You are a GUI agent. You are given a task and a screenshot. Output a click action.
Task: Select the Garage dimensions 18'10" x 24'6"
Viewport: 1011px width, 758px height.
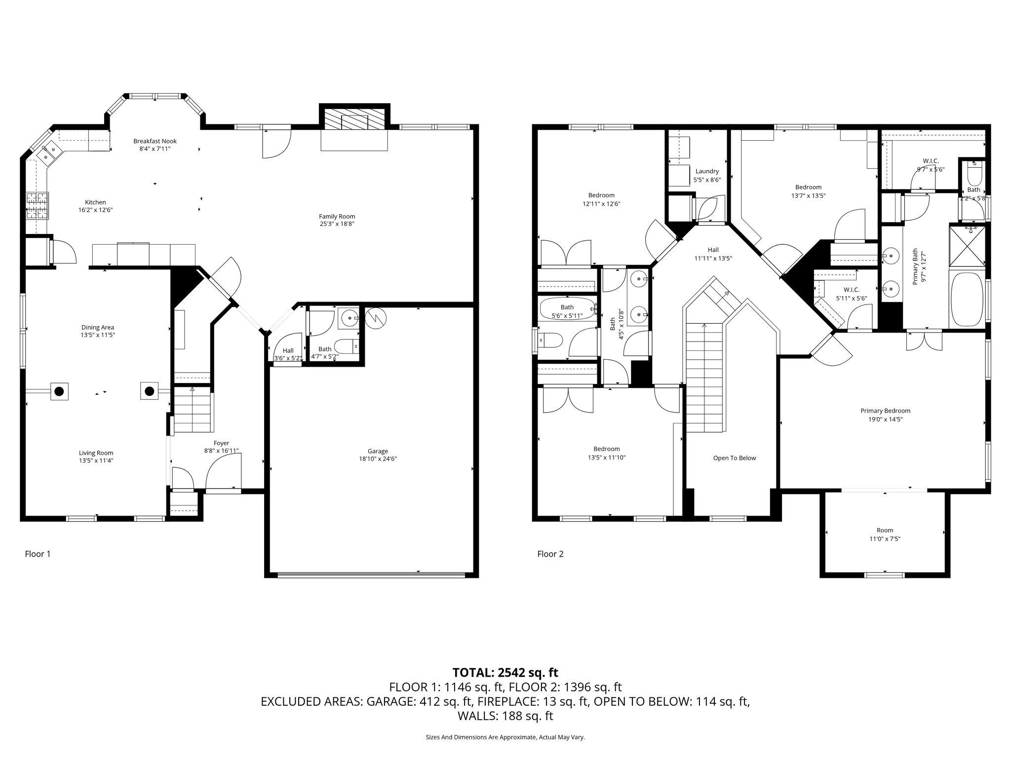coord(378,458)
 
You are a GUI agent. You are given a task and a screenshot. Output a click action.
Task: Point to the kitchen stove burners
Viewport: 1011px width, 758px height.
coord(38,205)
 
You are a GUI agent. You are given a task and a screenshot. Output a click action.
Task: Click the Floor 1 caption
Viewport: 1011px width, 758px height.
coord(38,554)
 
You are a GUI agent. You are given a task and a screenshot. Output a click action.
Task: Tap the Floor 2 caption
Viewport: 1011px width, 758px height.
coord(550,554)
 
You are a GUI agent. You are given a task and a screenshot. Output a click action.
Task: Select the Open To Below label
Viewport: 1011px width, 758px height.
coord(735,458)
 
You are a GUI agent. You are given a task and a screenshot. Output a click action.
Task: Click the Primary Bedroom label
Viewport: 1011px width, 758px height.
coord(885,411)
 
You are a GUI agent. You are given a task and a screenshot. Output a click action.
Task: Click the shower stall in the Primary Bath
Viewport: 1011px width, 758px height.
coord(968,245)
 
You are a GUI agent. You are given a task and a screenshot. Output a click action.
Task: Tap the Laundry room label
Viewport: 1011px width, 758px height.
coord(707,171)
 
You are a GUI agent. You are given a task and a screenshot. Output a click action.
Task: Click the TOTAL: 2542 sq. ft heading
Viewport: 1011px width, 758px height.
coord(505,672)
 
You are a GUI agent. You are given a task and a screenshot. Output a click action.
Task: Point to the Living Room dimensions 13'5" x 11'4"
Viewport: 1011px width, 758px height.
coord(96,460)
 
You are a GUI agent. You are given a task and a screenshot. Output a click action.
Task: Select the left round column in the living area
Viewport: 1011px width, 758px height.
coord(59,392)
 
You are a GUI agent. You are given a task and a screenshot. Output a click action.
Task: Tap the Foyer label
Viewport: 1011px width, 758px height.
coord(221,443)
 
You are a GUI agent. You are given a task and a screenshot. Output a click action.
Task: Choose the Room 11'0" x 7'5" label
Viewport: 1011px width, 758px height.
coord(885,535)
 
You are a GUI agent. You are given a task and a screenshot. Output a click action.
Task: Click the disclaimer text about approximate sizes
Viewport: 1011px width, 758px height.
coord(505,737)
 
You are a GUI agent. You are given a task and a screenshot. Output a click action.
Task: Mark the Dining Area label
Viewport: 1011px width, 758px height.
coord(98,327)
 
